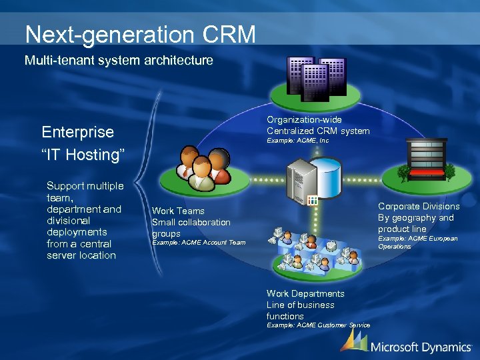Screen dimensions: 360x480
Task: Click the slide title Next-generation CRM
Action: [140, 34]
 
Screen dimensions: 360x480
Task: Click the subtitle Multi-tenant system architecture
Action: [119, 61]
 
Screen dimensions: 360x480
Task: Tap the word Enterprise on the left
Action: [77, 131]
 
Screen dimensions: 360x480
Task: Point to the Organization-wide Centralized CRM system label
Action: [318, 125]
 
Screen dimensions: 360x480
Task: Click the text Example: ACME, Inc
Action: [297, 141]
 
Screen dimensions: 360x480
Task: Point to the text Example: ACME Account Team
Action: [199, 243]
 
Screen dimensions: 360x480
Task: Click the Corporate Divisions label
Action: [419, 217]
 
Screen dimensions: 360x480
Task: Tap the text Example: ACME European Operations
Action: [417, 242]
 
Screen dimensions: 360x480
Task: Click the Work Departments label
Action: [305, 305]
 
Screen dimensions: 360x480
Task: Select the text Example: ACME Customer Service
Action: [318, 325]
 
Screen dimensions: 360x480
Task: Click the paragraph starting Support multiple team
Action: [85, 221]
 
